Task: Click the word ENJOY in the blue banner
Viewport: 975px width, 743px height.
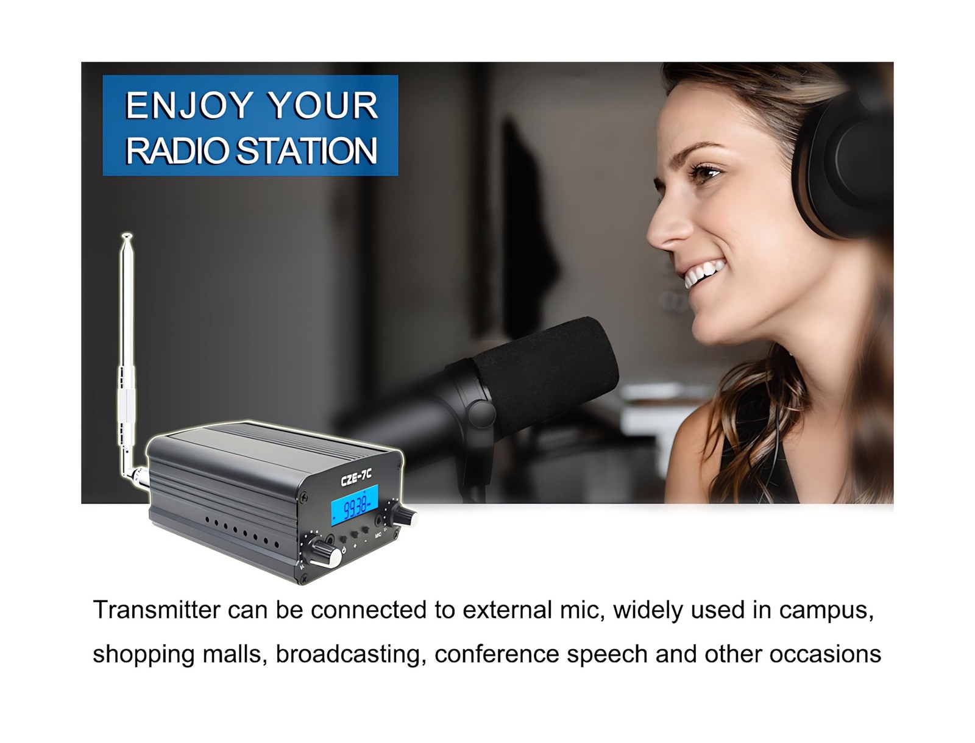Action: click(x=190, y=105)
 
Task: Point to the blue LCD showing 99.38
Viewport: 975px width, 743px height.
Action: click(x=354, y=505)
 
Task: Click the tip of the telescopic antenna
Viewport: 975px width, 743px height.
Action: click(x=127, y=235)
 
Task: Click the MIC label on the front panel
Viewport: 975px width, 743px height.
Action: click(x=378, y=535)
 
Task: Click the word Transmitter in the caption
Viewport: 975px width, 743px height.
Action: click(x=157, y=610)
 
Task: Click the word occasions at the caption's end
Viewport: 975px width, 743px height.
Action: click(x=825, y=654)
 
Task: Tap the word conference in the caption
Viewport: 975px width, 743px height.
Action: click(x=497, y=654)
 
